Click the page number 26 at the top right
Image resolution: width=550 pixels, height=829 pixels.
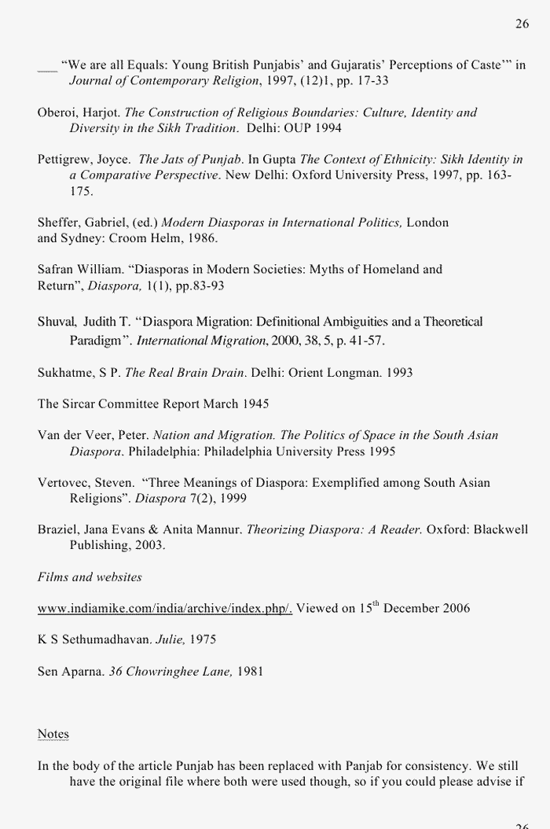(522, 24)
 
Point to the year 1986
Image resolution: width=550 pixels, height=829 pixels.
(203, 238)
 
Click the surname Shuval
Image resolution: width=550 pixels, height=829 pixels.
(56, 322)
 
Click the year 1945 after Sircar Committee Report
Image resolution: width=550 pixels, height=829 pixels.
(255, 403)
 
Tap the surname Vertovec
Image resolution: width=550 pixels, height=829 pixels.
(65, 482)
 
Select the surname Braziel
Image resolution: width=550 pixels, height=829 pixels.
(58, 529)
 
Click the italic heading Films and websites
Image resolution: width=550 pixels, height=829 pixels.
(90, 577)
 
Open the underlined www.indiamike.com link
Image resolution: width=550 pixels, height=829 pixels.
(165, 608)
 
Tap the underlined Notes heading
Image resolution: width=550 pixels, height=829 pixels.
(53, 734)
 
